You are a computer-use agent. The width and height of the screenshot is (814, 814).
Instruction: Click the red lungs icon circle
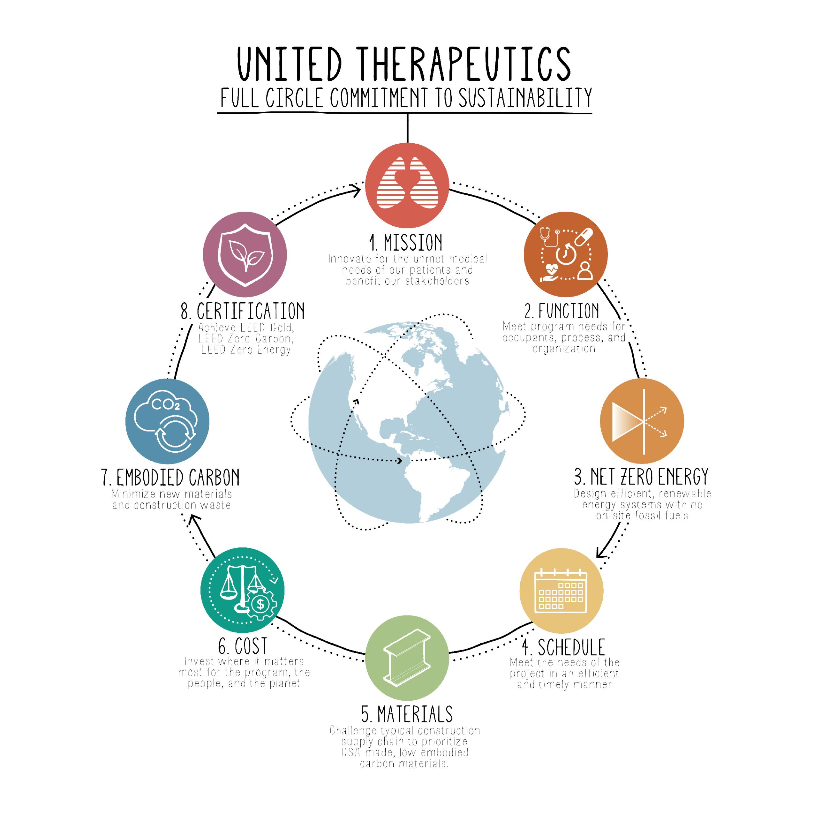[407, 185]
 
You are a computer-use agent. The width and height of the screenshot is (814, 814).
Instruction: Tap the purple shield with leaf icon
[245, 254]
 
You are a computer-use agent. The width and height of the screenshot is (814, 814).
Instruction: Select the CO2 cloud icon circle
[167, 421]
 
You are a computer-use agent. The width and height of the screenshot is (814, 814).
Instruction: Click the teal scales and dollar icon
[242, 590]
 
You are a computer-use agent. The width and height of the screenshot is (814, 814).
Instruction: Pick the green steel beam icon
[407, 658]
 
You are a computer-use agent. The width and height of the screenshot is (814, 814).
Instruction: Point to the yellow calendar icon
[561, 591]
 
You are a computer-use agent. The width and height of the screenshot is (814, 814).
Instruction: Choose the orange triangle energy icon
[642, 421]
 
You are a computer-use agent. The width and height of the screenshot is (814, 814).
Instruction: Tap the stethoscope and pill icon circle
[565, 254]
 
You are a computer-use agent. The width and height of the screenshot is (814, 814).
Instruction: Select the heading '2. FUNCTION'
[562, 311]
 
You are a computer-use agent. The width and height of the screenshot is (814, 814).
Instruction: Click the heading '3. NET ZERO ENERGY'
[641, 477]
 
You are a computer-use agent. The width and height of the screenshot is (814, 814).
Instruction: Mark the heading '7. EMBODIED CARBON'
[171, 478]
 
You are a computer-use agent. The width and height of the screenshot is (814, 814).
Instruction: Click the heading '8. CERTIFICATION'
[243, 311]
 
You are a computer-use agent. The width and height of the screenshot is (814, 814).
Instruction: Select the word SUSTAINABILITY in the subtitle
[525, 98]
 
